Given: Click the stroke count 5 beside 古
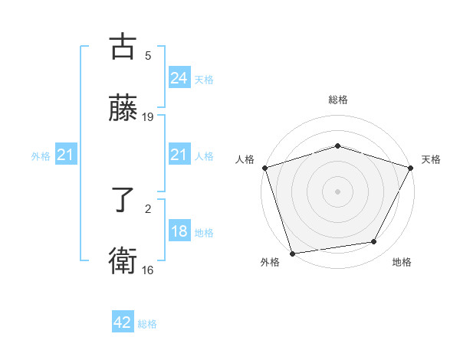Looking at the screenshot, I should [148, 56].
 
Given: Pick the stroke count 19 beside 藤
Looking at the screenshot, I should [148, 117].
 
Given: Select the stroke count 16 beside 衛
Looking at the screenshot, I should [148, 270].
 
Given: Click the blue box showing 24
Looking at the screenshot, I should [179, 78].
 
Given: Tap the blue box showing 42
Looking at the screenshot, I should [123, 323].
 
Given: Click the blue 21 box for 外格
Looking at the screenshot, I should [66, 155].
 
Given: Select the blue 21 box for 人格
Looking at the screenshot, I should [179, 155].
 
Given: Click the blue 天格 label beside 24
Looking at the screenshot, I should [204, 79].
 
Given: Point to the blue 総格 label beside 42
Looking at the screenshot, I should [147, 324].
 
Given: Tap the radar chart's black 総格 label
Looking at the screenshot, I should [337, 100].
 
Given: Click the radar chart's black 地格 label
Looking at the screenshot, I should [402, 263].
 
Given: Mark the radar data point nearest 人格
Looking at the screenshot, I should [264, 168].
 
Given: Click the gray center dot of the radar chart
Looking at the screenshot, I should [337, 191].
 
